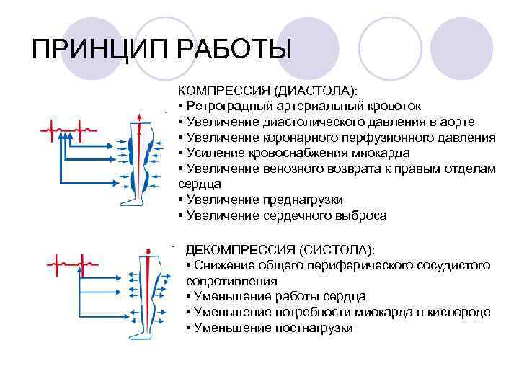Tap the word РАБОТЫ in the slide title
230,50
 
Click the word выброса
358,215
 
